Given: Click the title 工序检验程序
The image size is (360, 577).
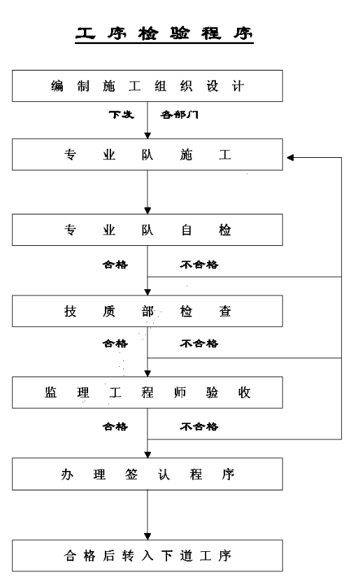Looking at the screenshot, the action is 164,34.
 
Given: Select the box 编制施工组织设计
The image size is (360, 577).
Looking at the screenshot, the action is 147,86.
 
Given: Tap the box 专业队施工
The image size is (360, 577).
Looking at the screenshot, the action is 147,154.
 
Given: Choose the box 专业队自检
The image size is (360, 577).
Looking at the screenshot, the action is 147,230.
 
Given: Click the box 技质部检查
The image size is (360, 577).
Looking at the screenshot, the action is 147,311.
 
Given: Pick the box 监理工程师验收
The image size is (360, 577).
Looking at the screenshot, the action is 147,393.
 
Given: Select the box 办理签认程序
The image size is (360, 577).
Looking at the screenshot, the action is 147,474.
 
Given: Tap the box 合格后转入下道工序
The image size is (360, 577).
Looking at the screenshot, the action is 147,555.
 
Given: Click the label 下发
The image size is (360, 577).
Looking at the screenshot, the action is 121,115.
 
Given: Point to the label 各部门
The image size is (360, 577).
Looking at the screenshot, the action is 179,115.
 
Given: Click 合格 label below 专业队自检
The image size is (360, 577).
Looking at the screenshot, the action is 115,264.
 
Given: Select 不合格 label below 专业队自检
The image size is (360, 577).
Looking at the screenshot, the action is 199,264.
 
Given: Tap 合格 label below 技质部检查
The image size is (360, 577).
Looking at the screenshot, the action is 115,343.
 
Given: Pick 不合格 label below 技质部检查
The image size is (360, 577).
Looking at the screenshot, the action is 199,343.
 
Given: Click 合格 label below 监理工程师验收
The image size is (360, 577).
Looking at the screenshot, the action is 115,427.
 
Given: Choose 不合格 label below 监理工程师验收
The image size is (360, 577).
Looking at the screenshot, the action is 199,427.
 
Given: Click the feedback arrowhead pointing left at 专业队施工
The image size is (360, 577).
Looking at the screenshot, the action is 290,157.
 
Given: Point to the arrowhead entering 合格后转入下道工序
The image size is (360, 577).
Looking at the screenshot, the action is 147,536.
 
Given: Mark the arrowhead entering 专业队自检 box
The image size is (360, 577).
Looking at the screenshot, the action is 147,210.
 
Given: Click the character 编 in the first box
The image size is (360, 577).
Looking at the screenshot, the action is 57,86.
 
